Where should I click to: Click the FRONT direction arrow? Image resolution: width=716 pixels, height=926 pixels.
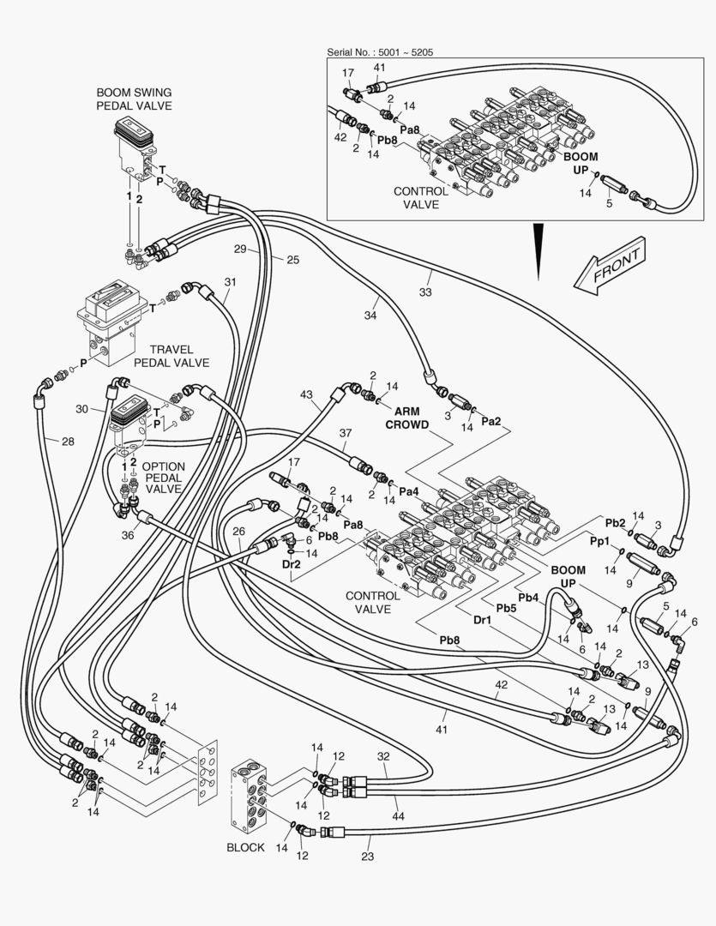(610, 268)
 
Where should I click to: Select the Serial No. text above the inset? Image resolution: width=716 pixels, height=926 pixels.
(380, 52)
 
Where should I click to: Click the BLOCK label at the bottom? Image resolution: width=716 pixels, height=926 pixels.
(245, 847)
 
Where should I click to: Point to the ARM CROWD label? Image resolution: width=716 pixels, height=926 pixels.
(406, 418)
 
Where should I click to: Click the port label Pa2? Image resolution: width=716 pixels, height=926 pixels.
(491, 421)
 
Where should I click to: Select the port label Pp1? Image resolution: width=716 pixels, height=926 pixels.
(599, 542)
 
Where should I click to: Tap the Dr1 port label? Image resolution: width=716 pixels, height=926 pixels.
(484, 621)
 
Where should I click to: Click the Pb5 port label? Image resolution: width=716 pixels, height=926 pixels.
(506, 608)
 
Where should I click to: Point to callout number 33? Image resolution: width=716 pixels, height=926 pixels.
(425, 292)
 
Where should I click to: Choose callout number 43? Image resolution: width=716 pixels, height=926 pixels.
(307, 395)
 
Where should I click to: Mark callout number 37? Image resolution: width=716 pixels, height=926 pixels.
(345, 432)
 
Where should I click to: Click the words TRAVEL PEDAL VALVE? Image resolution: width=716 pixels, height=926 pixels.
(179, 356)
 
